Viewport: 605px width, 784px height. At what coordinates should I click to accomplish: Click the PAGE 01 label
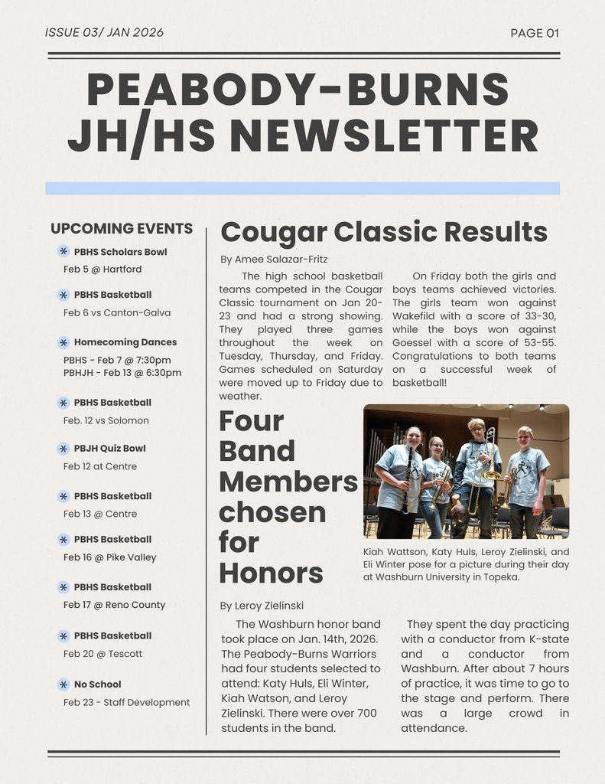tap(535, 33)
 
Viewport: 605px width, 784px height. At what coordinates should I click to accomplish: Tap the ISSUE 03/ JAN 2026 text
tap(104, 32)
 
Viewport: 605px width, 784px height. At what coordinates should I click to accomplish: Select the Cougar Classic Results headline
tap(383, 231)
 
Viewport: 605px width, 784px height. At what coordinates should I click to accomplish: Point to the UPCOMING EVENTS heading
tap(122, 228)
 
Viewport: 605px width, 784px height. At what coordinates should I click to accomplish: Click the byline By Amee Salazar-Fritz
tap(274, 260)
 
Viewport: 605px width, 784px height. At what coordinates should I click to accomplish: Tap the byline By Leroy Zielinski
tap(262, 606)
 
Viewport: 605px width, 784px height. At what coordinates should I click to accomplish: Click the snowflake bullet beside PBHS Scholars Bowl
tap(63, 251)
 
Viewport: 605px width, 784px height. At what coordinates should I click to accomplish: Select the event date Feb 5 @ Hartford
tap(102, 269)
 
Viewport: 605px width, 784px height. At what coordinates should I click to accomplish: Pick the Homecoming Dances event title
tap(125, 342)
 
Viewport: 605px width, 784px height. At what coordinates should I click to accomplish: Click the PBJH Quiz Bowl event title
tap(109, 448)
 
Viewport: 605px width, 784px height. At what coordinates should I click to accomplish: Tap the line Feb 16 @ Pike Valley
tap(109, 557)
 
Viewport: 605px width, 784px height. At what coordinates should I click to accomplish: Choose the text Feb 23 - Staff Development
tap(126, 702)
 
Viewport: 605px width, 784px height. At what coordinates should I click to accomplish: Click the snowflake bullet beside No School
tap(63, 684)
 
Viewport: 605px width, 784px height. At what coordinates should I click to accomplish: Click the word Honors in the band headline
tap(271, 573)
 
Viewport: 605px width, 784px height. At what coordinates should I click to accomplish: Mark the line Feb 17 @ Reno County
tap(114, 605)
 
